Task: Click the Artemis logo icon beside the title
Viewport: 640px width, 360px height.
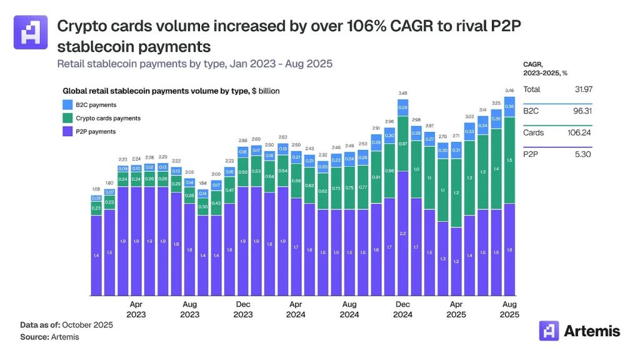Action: (x=31, y=32)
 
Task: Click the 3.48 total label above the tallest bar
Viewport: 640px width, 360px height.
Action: (x=403, y=94)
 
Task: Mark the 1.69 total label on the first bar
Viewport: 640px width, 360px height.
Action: (x=96, y=189)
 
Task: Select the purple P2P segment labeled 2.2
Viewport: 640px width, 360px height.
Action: (x=403, y=233)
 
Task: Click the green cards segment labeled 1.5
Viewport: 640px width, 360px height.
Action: (x=509, y=160)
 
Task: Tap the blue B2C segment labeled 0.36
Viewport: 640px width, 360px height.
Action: (x=509, y=107)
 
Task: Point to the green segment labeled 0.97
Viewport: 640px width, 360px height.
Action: (x=403, y=144)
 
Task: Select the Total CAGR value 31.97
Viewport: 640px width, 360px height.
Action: (x=582, y=89)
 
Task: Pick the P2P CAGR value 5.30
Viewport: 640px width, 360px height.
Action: (x=582, y=154)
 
